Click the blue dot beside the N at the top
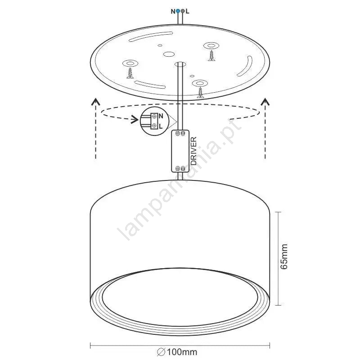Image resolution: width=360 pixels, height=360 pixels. [178, 11]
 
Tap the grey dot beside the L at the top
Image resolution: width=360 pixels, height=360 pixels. [183, 11]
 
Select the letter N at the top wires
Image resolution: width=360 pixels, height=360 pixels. [173, 11]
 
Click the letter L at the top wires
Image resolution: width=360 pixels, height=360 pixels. [187, 11]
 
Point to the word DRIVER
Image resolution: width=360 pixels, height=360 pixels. [194, 151]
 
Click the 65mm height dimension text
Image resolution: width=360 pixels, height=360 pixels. [284, 256]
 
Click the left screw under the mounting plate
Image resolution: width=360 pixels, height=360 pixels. [130, 73]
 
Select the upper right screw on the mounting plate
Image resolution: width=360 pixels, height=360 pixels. [211, 56]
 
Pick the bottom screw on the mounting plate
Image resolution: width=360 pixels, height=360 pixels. [201, 93]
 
